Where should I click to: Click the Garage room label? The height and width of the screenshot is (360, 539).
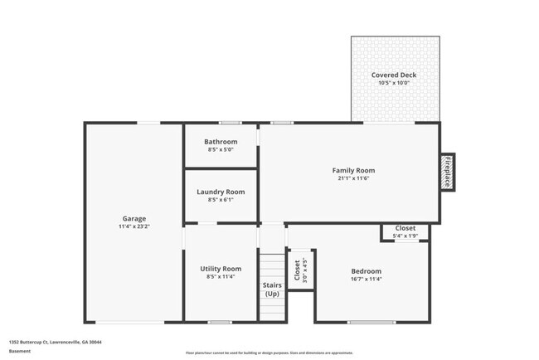(x=134, y=218)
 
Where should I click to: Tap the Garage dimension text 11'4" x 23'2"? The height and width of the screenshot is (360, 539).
(x=134, y=226)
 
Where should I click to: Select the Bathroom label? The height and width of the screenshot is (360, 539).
(x=221, y=142)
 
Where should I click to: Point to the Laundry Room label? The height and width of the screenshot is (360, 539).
(x=221, y=192)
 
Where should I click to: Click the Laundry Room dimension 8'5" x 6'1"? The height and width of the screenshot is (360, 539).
(x=221, y=200)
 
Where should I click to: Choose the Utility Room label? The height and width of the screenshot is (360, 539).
(x=221, y=269)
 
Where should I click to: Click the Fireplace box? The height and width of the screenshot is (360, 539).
(x=447, y=172)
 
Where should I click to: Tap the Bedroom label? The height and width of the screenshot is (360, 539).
(x=366, y=271)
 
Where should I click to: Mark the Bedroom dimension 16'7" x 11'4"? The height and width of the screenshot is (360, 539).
(x=366, y=280)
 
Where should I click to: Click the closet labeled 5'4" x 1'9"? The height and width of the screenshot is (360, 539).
(x=405, y=231)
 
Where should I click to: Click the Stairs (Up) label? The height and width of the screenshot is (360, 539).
(x=272, y=289)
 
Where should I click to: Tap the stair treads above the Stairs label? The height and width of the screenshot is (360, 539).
(x=272, y=265)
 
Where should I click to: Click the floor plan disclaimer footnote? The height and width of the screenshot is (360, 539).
(x=269, y=353)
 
